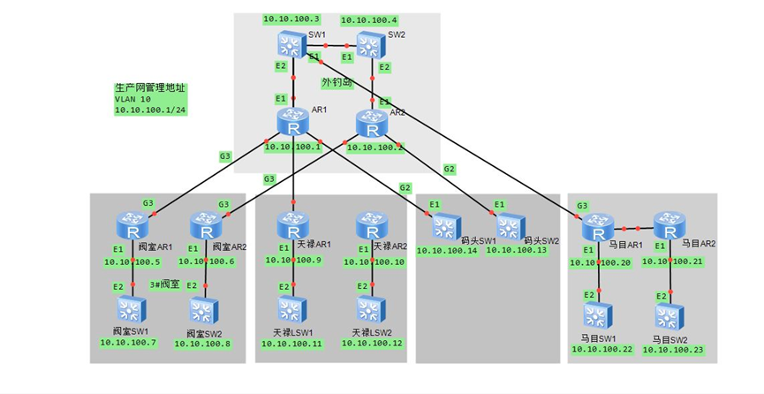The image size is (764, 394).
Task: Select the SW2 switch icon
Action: point(369,43)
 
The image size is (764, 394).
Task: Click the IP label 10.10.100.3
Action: point(291,18)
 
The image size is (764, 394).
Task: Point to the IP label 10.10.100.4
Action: point(369,19)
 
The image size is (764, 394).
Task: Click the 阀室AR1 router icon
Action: point(132,228)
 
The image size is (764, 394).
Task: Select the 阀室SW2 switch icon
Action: point(203,311)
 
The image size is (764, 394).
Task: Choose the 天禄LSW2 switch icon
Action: point(370,309)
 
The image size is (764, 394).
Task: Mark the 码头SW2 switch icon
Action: point(510,228)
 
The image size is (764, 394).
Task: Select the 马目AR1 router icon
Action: point(599,227)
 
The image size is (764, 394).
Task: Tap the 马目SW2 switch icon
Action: point(669,316)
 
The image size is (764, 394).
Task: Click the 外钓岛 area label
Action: point(337,83)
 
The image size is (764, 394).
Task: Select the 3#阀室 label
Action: point(165,284)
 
